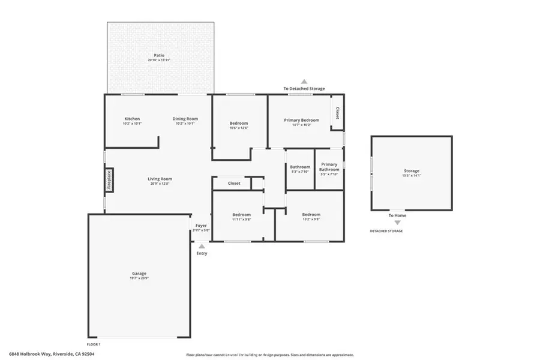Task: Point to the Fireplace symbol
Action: click(x=109, y=180)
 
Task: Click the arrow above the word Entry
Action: click(x=202, y=245)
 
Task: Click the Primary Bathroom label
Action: click(x=329, y=167)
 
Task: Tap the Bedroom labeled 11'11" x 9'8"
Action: click(x=241, y=217)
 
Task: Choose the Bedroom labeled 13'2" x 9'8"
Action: click(x=311, y=217)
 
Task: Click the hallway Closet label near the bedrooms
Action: click(x=234, y=183)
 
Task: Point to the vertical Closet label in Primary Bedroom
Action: click(x=337, y=113)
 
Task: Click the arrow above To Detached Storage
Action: click(x=304, y=81)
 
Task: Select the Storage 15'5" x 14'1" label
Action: click(x=412, y=173)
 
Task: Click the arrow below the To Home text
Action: click(x=397, y=223)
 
